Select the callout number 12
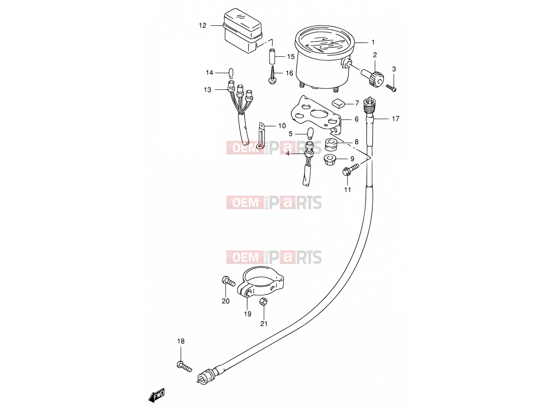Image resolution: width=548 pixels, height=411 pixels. click(202, 25)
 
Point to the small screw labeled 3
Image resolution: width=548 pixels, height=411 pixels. click(391, 88)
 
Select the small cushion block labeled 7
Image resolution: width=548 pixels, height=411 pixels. click(338, 103)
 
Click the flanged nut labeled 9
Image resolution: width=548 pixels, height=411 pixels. click(330, 160)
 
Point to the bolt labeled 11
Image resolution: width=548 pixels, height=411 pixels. click(351, 170)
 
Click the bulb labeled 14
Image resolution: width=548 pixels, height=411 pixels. click(57, 73)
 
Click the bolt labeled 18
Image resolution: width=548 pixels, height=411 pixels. click(184, 367)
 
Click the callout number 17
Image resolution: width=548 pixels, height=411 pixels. click(396, 119)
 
